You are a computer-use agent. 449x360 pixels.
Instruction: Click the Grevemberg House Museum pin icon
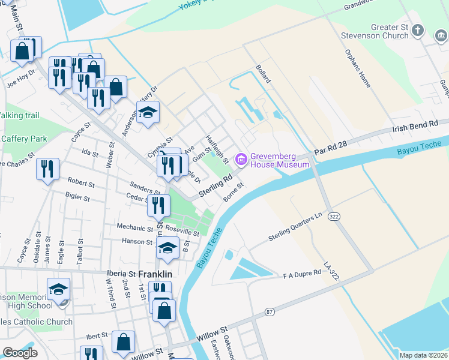[242, 159]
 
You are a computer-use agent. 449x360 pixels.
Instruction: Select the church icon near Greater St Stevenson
[418, 31]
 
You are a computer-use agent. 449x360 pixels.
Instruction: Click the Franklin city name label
[155, 274]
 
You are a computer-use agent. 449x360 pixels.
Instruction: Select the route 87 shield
[270, 311]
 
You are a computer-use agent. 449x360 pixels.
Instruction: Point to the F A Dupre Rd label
[303, 274]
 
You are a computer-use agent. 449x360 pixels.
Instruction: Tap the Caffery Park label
[24, 139]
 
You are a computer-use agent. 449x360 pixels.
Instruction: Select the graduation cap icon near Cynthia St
[148, 112]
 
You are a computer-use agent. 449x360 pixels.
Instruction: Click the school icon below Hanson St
[167, 248]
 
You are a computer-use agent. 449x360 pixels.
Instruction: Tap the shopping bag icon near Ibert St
[123, 342]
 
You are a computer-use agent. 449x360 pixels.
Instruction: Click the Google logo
[20, 353]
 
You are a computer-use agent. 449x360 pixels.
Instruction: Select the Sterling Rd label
[215, 186]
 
